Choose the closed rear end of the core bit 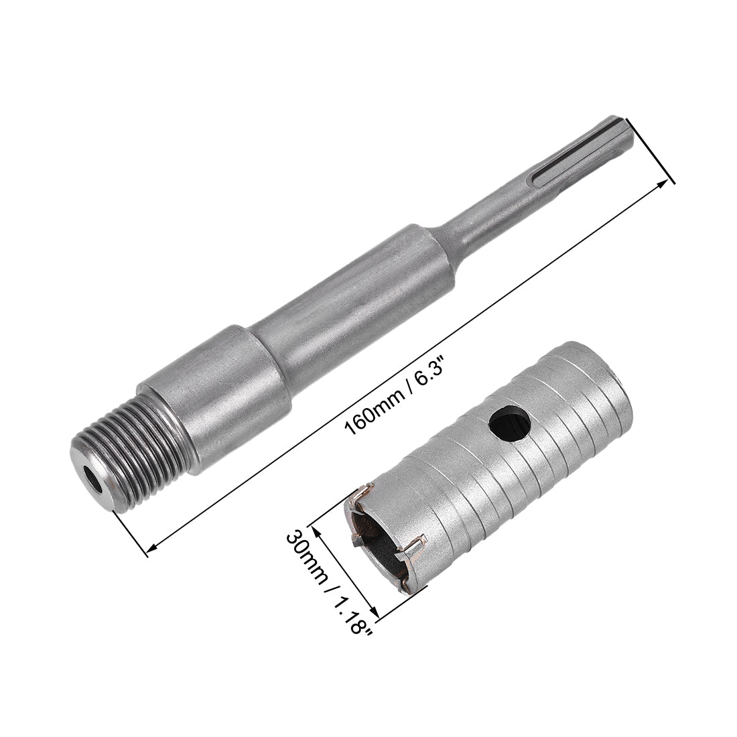(x=613, y=375)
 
